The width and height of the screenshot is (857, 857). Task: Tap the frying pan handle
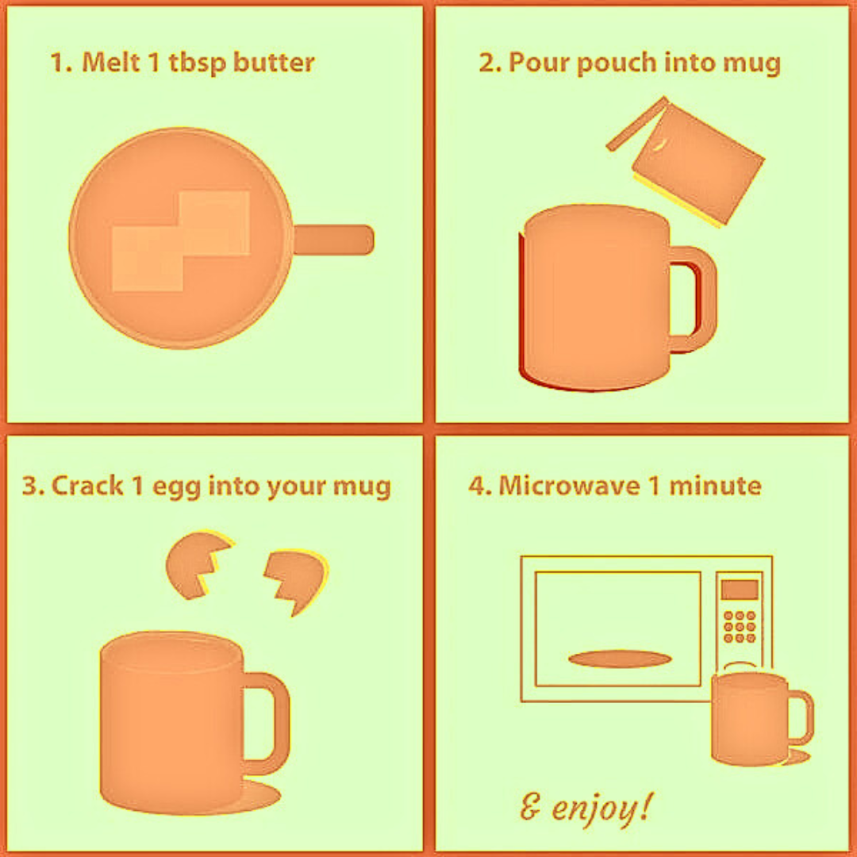[333, 240]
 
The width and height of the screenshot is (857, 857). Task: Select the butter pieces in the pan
[181, 240]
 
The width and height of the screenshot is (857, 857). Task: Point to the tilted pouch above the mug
[690, 161]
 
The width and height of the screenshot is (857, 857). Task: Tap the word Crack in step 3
[87, 486]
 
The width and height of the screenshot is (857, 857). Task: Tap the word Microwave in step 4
[569, 486]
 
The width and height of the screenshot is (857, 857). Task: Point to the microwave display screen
[740, 590]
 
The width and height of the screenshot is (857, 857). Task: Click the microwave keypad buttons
[740, 627]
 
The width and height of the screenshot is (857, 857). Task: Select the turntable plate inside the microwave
[620, 659]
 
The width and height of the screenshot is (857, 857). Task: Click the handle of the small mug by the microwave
[801, 717]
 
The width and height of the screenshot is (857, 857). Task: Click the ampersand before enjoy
[529, 807]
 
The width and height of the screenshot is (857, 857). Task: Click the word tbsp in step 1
[197, 63]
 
